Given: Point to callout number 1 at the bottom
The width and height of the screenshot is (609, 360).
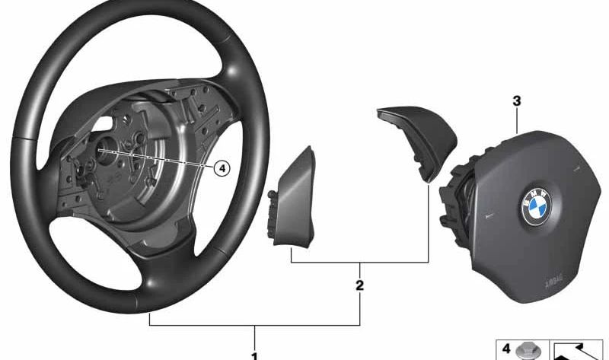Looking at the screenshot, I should (254, 355).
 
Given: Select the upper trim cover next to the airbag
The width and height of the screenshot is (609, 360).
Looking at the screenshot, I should (414, 137).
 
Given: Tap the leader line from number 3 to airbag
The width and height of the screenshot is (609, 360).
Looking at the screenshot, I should (516, 122).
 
